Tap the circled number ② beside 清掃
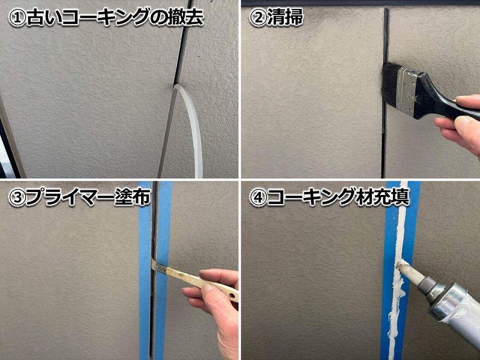(x=258, y=17)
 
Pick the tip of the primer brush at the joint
(x=157, y=266)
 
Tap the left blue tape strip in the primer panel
(x=145, y=270)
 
